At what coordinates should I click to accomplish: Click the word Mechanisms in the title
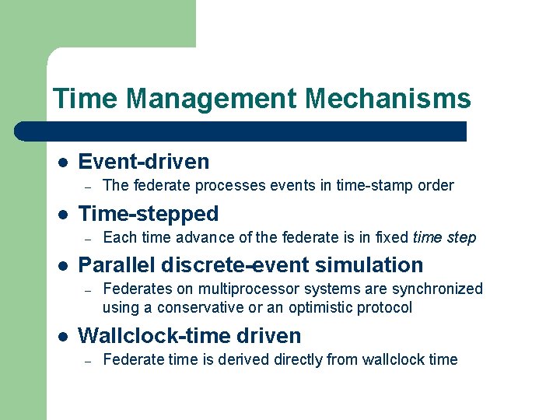[388, 99]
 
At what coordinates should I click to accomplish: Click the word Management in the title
[211, 99]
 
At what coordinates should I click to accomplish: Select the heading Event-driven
[144, 162]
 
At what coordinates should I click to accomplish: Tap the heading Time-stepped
[149, 214]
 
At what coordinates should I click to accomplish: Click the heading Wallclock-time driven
[190, 336]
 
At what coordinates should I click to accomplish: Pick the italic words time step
[444, 237]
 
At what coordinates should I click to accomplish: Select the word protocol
[384, 307]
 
